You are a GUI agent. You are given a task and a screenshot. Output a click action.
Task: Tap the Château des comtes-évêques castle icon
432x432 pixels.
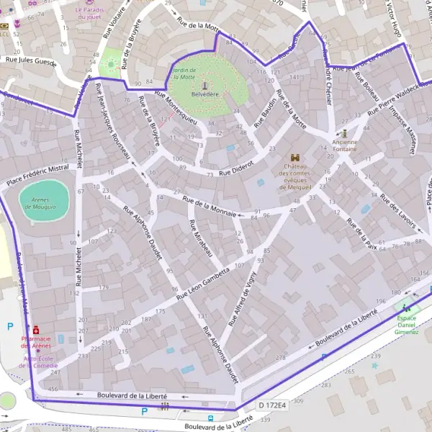point(295,158)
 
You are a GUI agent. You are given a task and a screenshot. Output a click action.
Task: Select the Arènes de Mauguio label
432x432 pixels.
point(45,203)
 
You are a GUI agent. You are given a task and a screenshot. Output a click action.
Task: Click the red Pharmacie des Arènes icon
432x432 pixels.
point(36,330)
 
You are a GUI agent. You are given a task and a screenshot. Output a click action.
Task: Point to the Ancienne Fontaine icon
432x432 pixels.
point(345,133)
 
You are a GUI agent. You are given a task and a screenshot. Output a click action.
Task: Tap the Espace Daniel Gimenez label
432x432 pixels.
point(407,325)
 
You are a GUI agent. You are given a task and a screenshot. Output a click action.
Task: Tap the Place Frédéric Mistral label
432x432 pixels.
point(37,175)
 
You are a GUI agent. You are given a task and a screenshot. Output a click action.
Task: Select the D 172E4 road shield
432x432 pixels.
point(271,406)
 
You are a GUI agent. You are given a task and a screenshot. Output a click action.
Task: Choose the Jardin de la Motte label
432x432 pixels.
point(183,73)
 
